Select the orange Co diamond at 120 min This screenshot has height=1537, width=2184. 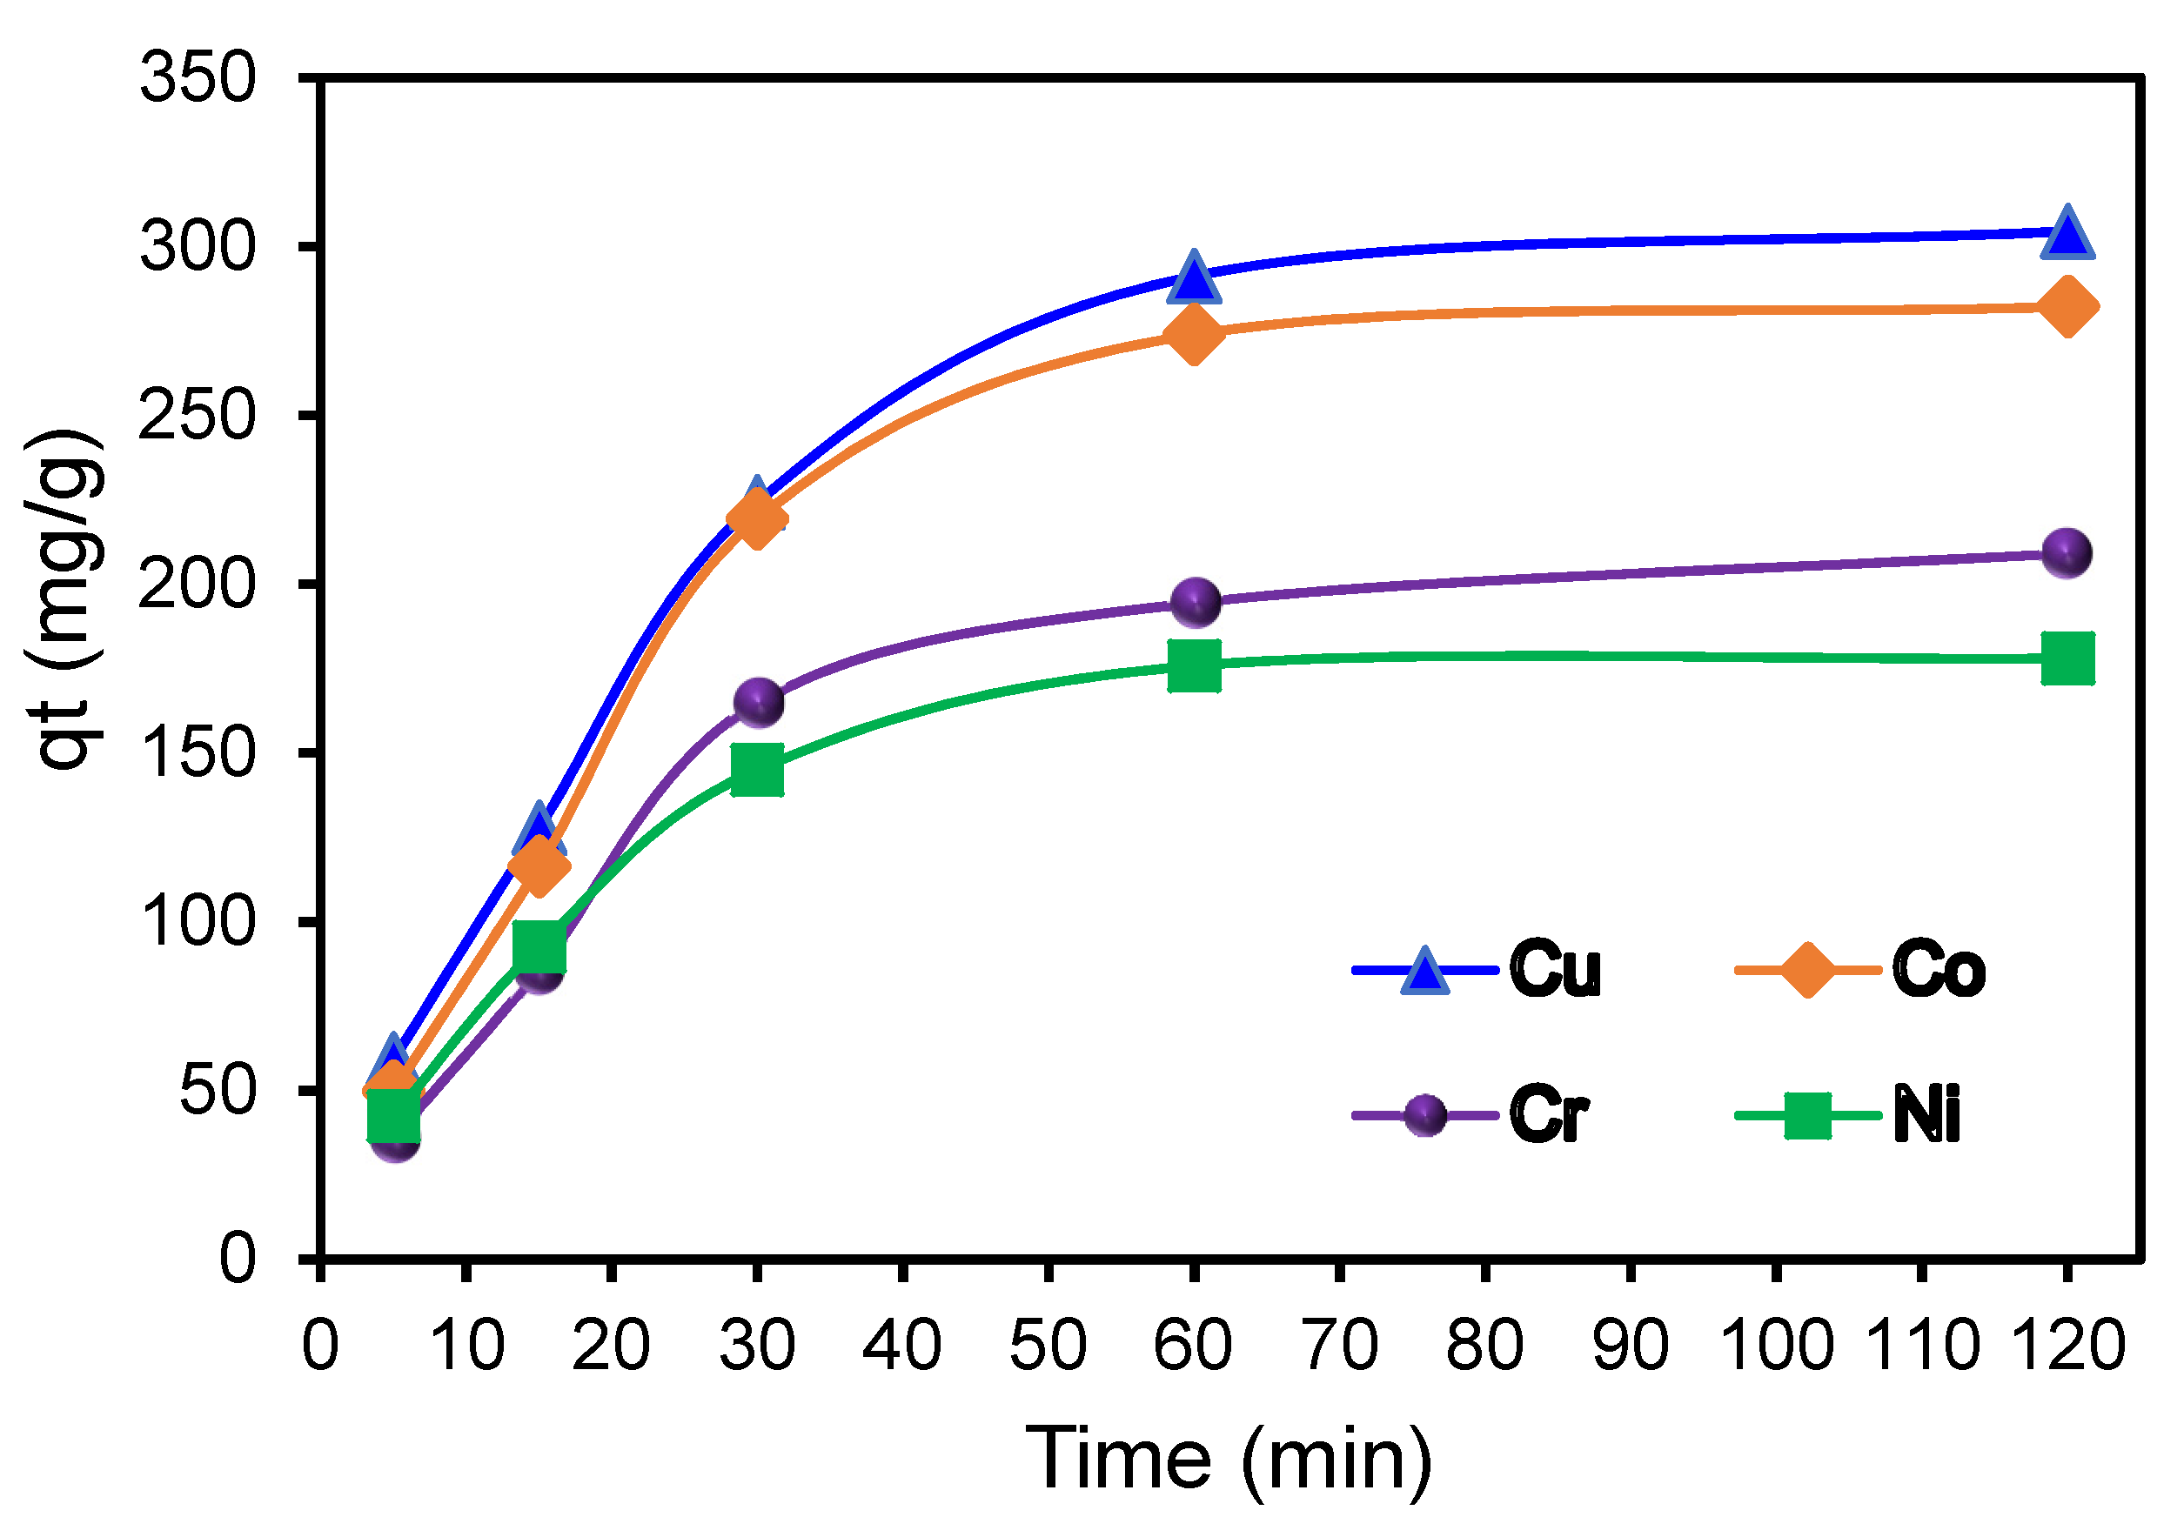pos(2066,307)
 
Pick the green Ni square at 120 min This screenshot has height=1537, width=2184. pos(2066,658)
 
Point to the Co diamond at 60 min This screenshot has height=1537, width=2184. pos(1194,334)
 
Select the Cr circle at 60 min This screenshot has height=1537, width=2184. pos(1195,602)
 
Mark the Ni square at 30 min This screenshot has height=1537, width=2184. pos(757,770)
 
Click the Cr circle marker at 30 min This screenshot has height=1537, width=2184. pos(758,703)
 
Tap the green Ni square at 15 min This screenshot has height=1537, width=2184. pos(539,946)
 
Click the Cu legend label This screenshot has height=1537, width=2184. pos(1554,970)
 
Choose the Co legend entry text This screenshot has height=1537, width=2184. pos(1938,970)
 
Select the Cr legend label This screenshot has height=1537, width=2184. pos(1548,1115)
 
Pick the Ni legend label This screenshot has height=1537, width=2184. pos(1926,1115)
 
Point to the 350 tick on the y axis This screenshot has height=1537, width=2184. pos(198,78)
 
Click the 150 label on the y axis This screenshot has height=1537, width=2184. pos(198,753)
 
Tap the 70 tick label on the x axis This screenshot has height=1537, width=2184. pos(1339,1346)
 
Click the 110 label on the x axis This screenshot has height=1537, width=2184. pos(1921,1346)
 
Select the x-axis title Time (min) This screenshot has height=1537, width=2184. pos(1228,1460)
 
